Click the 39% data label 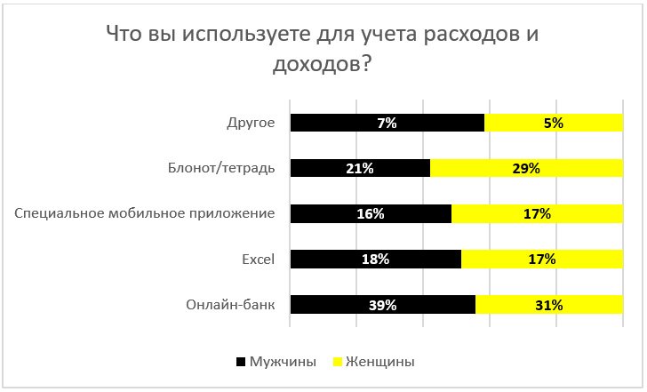tap(383, 305)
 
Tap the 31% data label tap(548, 305)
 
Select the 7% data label tap(387, 124)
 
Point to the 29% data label tap(526, 169)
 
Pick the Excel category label tap(259, 260)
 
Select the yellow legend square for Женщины tap(337, 363)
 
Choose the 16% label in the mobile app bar tap(371, 214)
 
